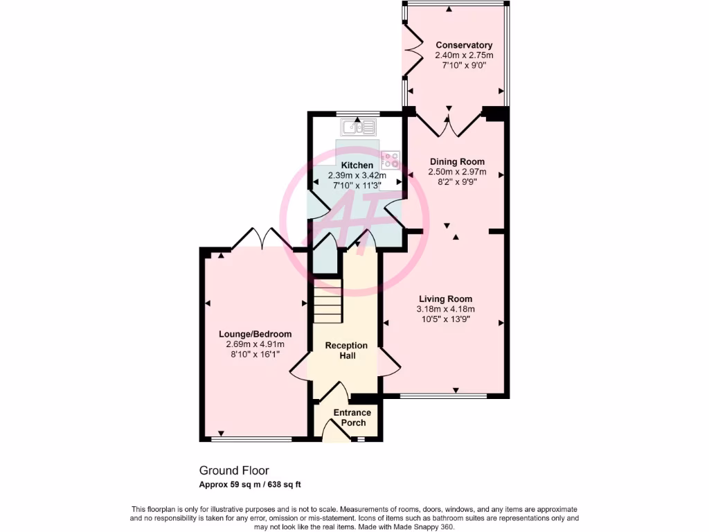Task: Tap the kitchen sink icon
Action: coord(359,127)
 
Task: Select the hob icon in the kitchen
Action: coord(391,160)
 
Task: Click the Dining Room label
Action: coord(457,161)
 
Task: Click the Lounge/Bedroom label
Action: coord(255,334)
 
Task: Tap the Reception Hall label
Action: coord(346,351)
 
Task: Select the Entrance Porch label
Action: coord(352,418)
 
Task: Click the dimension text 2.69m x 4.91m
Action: coord(255,344)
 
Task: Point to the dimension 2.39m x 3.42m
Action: coord(356,176)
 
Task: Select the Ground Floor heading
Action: coord(234,470)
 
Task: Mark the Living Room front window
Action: coord(443,396)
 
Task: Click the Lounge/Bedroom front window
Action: coord(251,438)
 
